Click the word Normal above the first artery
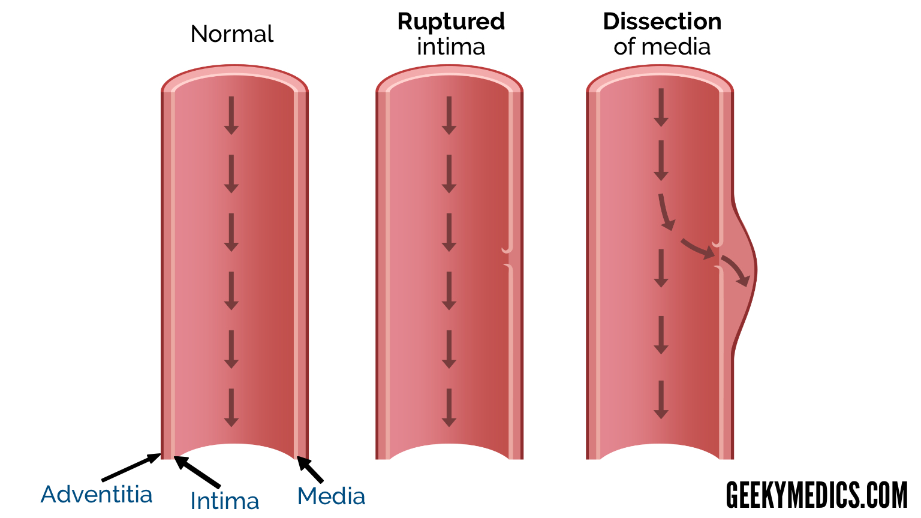(231, 34)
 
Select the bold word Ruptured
(451, 22)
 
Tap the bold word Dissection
(662, 22)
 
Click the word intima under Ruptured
(451, 47)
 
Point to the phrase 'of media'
(662, 47)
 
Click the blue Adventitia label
(97, 495)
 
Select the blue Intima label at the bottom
(225, 501)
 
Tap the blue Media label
(331, 496)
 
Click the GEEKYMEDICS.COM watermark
(817, 495)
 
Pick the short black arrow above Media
(310, 469)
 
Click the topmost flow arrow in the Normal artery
(231, 115)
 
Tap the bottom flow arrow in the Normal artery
(231, 408)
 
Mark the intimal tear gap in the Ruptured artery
(507, 257)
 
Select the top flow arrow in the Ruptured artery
(449, 115)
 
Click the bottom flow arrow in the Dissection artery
(661, 399)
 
